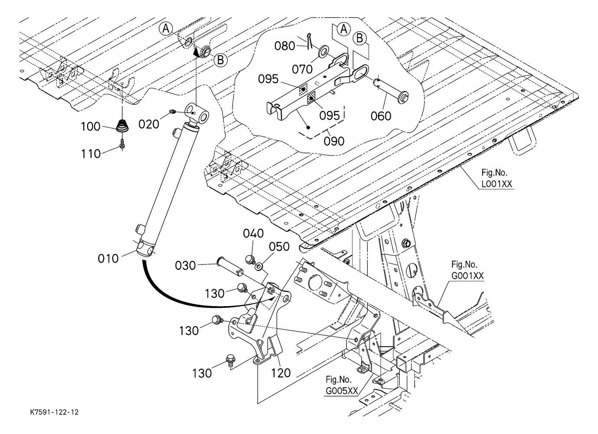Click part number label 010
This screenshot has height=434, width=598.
tap(108, 258)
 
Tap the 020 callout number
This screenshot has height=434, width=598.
tap(149, 124)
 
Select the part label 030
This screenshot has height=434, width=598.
tap(186, 265)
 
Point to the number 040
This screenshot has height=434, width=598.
tap(253, 234)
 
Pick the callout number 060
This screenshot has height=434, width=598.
tap(381, 116)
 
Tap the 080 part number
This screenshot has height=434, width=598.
tap(285, 46)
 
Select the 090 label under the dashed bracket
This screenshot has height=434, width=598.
tap(334, 141)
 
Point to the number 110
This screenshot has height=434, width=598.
tap(91, 153)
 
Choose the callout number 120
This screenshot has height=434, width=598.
tap(281, 373)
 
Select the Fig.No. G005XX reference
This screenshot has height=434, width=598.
tap(342, 385)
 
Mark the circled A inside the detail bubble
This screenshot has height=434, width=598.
tap(343, 29)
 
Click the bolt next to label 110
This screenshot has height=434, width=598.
tap(122, 144)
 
